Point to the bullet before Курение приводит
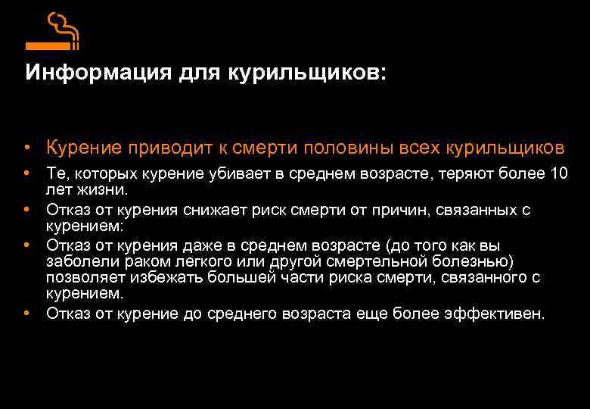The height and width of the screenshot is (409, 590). click(26, 146)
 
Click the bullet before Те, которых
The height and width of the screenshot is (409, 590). click(26, 173)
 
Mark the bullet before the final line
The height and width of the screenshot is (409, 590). click(26, 313)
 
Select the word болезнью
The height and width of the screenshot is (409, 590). click(480, 261)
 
